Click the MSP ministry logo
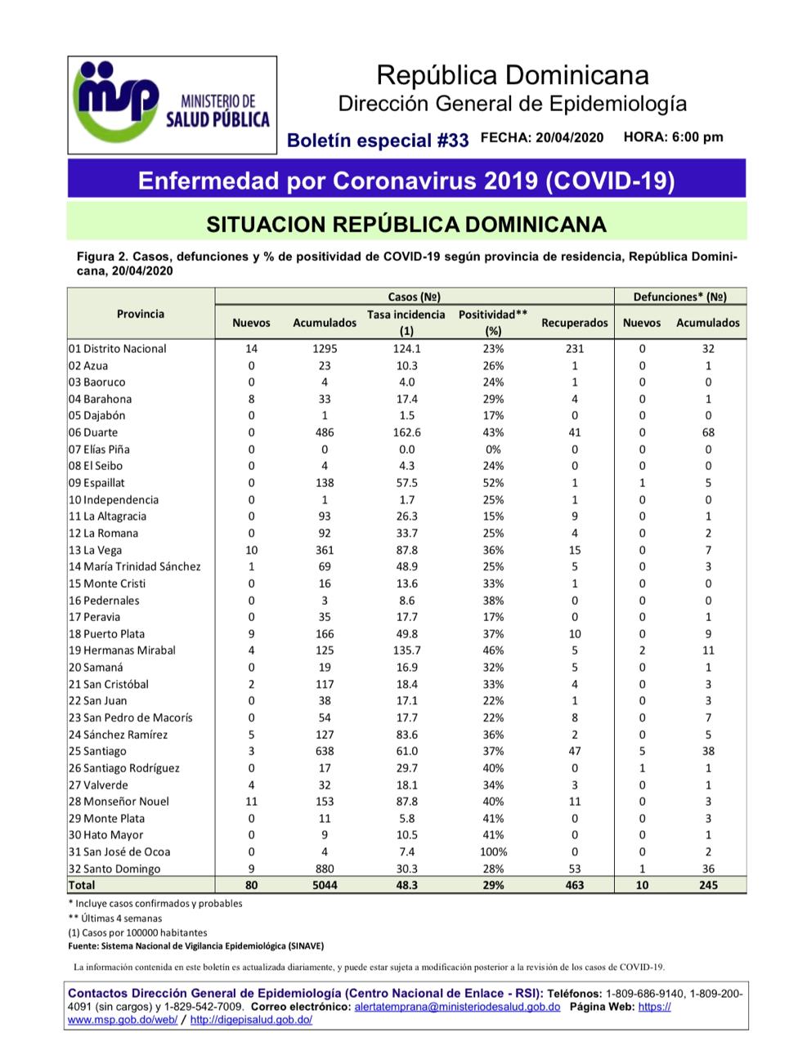point(172,104)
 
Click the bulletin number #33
point(452,140)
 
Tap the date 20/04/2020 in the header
point(569,137)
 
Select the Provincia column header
point(140,314)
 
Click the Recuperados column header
point(574,323)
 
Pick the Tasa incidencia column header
point(406,322)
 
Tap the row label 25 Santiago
point(97,751)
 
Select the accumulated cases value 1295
point(324,348)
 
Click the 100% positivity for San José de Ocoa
point(493,852)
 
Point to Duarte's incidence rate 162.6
point(406,432)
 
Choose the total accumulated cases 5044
point(324,885)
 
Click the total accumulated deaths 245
point(707,885)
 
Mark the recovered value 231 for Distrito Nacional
point(574,348)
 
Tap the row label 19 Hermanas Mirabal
point(122,650)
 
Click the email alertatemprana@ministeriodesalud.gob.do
point(457,1007)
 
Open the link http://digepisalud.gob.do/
point(251,1020)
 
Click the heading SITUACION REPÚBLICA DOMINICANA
point(406,224)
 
